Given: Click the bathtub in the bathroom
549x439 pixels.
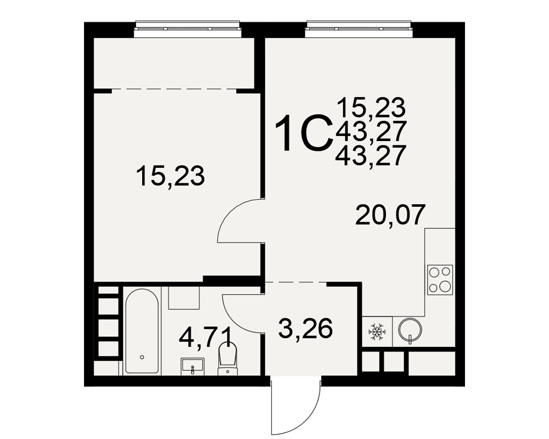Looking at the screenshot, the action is point(142,331).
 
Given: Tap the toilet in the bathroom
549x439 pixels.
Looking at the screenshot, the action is point(228,359).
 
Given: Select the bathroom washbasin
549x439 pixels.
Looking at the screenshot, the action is point(192,367).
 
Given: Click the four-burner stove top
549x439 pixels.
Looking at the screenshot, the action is point(440,280).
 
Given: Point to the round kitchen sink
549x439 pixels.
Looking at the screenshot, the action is point(410,329).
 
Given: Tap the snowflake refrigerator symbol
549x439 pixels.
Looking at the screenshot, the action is point(378,331).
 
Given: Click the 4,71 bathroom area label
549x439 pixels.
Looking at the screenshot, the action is point(205,337).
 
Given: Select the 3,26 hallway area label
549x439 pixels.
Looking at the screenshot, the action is point(305,329).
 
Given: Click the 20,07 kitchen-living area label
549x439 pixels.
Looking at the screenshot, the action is point(390,215).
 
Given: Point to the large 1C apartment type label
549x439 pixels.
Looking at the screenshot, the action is point(304,134).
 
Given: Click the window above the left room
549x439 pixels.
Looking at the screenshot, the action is point(188,29).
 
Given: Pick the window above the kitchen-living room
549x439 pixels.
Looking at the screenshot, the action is point(359,29).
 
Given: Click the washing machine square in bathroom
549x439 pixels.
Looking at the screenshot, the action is point(184,298).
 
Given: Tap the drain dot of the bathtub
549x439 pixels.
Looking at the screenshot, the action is point(142,357).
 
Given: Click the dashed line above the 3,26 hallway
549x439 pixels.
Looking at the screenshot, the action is point(296,282).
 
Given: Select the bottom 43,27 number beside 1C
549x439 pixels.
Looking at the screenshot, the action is point(371,155).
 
